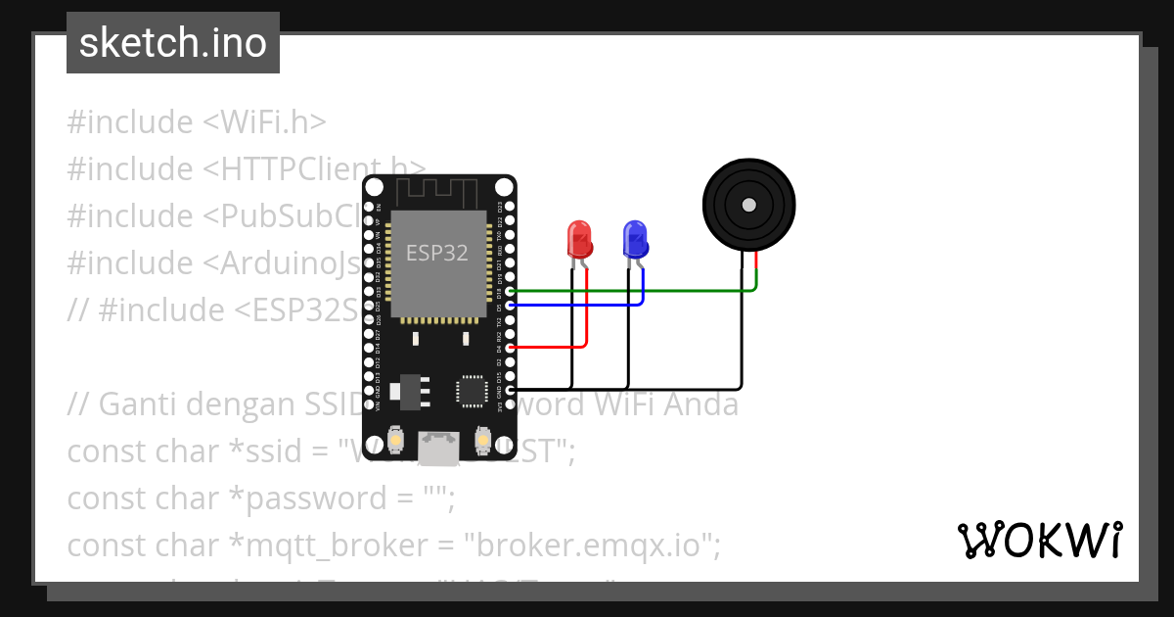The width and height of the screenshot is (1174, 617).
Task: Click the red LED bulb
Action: pos(579,238)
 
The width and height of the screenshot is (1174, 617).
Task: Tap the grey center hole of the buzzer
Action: pos(748,205)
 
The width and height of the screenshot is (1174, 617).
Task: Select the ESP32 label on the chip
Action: pos(437,253)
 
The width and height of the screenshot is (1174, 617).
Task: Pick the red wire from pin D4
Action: pos(548,347)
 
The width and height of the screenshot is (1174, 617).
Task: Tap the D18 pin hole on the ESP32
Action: pos(509,292)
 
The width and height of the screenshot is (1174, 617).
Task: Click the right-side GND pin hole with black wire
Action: pos(509,389)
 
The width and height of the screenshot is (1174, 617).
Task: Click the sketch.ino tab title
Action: pos(173,43)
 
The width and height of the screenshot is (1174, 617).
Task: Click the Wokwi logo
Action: pos(1039,540)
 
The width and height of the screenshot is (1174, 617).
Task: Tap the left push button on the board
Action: pos(394,442)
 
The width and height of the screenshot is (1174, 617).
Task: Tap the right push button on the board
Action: pos(482,442)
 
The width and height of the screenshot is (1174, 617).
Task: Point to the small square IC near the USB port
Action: pos(472,389)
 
